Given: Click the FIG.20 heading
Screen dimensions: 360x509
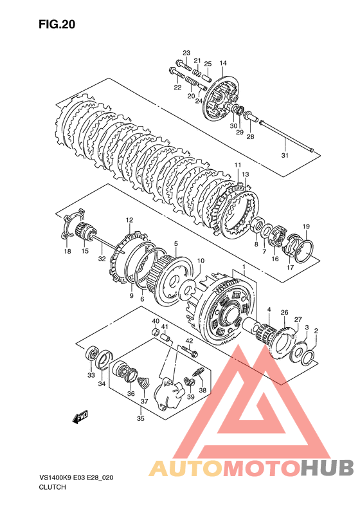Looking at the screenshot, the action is (x=57, y=24).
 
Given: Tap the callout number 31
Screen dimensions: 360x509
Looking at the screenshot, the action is (x=284, y=156).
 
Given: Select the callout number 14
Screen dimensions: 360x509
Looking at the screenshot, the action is (x=223, y=63).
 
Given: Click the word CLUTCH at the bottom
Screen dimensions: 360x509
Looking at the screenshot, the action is (x=52, y=487).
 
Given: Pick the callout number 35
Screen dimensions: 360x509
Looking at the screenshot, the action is (x=140, y=418).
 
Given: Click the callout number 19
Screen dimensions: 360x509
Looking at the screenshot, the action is (x=306, y=227).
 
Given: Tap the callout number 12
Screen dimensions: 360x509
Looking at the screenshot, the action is (x=129, y=220).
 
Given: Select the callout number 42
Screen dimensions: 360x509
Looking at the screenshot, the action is (x=189, y=341).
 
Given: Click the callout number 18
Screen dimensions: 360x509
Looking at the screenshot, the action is (x=67, y=251).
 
